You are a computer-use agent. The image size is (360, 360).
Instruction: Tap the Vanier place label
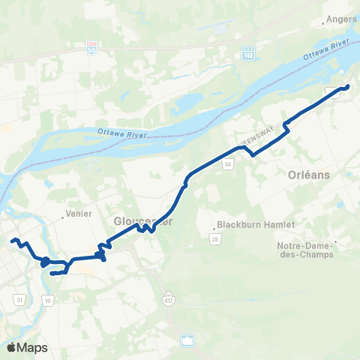click(79, 214)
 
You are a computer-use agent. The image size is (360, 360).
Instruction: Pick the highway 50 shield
click(91, 46)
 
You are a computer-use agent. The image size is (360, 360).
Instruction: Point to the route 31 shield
click(18, 299)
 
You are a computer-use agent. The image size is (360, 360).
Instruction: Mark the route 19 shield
click(48, 300)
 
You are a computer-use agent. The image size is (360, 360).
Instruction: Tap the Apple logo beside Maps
click(10, 347)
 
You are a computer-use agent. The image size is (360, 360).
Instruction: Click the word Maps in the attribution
click(32, 347)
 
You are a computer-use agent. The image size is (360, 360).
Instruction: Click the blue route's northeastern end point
click(347, 88)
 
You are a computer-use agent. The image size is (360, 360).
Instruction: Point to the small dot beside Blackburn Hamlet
click(213, 225)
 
